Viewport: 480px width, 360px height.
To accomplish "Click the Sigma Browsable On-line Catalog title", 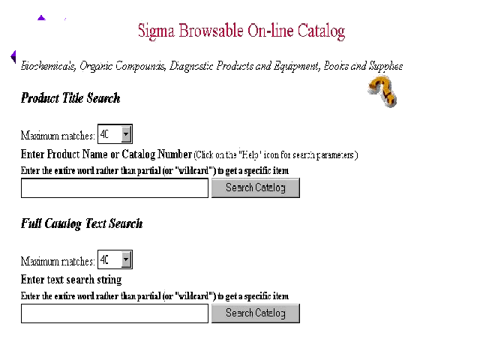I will pos(241,31).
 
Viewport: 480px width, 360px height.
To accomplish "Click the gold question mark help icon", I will pos(382,91).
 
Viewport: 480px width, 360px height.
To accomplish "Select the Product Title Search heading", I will pos(70,98).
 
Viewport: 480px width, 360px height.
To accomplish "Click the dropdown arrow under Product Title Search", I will pos(126,134).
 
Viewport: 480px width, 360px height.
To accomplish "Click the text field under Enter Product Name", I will pos(114,188).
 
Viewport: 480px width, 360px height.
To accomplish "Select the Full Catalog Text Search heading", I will pos(82,223).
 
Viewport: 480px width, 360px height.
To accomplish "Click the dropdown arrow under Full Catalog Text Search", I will pos(126,260).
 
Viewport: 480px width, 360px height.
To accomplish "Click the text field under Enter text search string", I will pos(114,313).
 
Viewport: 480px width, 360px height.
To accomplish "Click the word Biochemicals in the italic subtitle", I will pos(48,66).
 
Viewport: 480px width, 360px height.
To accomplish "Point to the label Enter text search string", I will pos(71,280).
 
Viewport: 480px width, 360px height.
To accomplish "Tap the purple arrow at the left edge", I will pos(13,56).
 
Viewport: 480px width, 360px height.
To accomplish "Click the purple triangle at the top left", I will pos(41,17).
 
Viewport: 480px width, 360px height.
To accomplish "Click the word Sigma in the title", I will pos(154,31).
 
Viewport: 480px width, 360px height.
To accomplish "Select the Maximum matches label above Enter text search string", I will pos(58,261).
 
